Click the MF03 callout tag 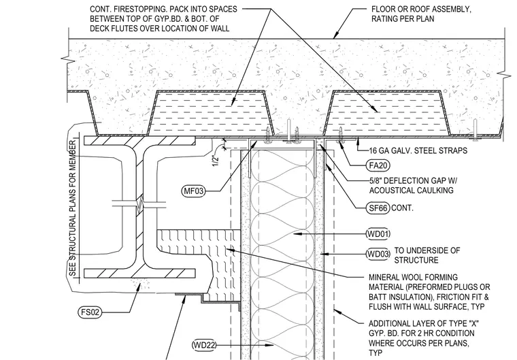[194, 191]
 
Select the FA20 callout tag [378, 165]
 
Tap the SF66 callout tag [378, 208]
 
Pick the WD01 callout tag [378, 234]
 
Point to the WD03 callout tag [378, 254]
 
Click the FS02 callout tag [90, 312]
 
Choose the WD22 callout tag [204, 345]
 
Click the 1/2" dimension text [216, 160]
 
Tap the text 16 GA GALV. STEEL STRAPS [418, 151]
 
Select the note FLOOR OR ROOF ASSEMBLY [421, 9]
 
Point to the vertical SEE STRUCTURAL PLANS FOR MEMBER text [73, 208]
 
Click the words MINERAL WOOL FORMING [414, 277]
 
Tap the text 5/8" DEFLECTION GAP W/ [413, 181]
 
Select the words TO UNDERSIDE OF [427, 250]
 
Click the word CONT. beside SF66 [402, 208]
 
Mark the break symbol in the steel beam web [139, 205]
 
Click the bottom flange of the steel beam [140, 274]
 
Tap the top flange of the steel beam [140, 141]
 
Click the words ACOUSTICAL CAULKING [411, 191]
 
